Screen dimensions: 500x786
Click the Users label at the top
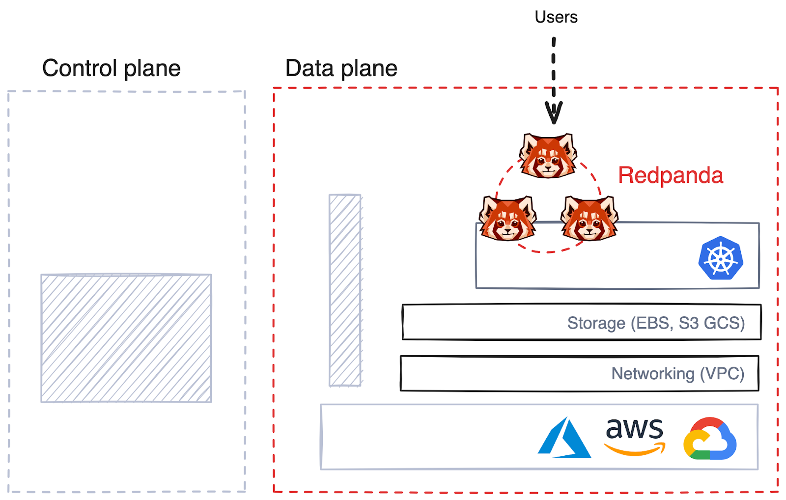pos(556,17)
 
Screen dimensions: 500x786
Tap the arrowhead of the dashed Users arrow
pos(554,113)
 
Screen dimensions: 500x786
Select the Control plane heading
pos(111,68)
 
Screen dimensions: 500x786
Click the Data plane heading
pos(341,68)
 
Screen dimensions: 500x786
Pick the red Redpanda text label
pos(670,175)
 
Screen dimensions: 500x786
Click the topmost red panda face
pos(548,156)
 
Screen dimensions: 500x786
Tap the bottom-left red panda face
pos(507,219)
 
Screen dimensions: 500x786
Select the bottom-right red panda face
pos(589,219)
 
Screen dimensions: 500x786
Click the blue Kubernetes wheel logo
pos(721,258)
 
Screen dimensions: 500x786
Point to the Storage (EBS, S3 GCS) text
pos(656,323)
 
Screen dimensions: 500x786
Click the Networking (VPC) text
pos(677,374)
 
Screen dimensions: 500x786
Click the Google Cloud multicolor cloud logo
pos(709,439)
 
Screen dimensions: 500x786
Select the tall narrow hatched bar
pos(345,290)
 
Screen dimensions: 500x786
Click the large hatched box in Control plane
pos(126,338)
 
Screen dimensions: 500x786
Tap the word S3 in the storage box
pos(688,323)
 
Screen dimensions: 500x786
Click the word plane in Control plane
pos(152,69)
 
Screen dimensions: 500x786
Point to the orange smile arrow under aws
pos(635,449)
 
